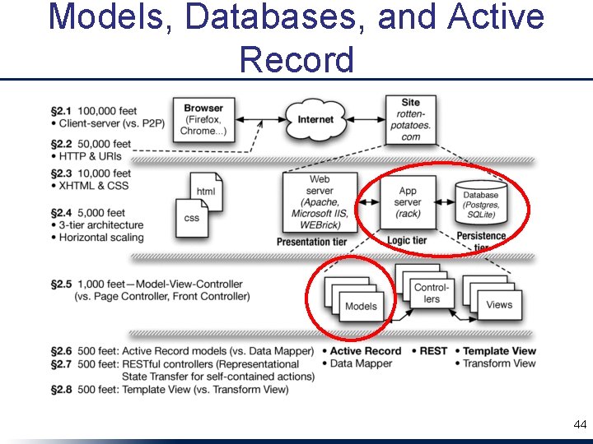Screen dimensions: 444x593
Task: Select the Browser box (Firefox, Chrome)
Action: click(x=203, y=120)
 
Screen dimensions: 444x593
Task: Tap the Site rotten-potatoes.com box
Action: click(x=410, y=120)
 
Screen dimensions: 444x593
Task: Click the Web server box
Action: click(x=320, y=201)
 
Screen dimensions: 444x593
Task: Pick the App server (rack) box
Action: click(x=407, y=202)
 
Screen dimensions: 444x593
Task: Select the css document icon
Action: click(x=191, y=218)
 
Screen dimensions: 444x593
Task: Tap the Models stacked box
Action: click(x=360, y=305)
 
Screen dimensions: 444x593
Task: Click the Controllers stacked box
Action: click(x=430, y=292)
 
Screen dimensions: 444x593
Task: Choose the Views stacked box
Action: click(x=498, y=303)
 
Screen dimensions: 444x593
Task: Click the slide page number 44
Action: click(x=580, y=425)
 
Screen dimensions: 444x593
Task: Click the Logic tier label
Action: click(x=407, y=240)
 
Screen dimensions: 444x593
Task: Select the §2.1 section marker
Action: click(x=62, y=110)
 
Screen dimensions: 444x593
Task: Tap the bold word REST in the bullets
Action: click(x=433, y=351)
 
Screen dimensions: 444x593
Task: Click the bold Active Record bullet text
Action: click(x=366, y=351)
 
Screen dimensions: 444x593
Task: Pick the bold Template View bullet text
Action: click(x=499, y=351)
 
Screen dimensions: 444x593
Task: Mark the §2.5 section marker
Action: click(x=62, y=284)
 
